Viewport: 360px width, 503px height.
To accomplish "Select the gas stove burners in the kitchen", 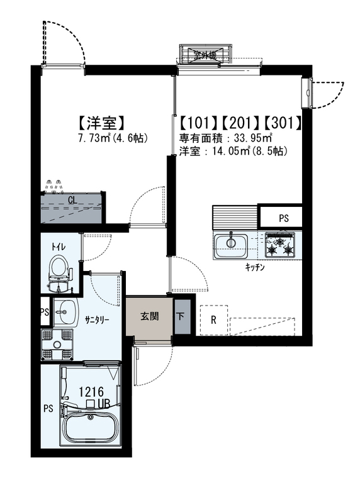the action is pyautogui.click(x=279, y=244).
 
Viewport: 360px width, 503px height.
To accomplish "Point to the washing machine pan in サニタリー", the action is pyautogui.click(x=57, y=345).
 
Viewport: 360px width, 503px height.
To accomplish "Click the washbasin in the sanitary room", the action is pyautogui.click(x=65, y=312).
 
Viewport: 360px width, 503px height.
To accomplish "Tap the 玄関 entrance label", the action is pyautogui.click(x=150, y=316).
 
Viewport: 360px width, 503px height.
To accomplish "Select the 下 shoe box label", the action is pyautogui.click(x=180, y=317).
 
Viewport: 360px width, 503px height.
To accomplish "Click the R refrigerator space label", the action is pyautogui.click(x=213, y=320).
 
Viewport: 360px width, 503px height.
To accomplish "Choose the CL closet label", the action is pyautogui.click(x=72, y=200).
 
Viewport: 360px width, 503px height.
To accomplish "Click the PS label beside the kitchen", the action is pyautogui.click(x=284, y=218).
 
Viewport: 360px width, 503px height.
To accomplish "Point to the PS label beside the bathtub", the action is pyautogui.click(x=48, y=409).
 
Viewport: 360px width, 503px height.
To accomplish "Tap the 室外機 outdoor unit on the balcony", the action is pyautogui.click(x=205, y=55).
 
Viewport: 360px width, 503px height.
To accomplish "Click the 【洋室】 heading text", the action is pyautogui.click(x=101, y=123).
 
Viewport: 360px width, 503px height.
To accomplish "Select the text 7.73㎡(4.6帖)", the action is pyautogui.click(x=113, y=138).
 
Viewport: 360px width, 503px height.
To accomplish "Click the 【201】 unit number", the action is pyautogui.click(x=241, y=123).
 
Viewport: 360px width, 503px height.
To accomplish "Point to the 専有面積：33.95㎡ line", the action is pyautogui.click(x=226, y=138).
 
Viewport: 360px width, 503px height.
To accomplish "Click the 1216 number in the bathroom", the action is pyautogui.click(x=91, y=392).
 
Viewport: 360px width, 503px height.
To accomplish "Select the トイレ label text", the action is pyautogui.click(x=59, y=246).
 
